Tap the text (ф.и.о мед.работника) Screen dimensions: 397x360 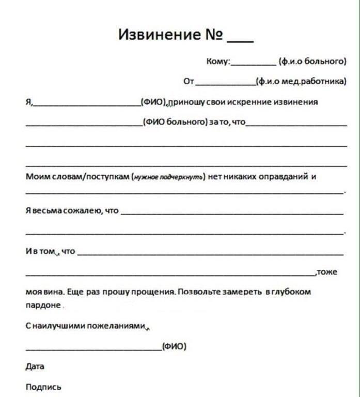(302, 81)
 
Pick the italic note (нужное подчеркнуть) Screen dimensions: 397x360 (169, 177)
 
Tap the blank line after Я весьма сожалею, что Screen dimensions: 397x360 (232, 213)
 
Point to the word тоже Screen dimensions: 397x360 (327, 272)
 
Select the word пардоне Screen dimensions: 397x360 (43, 305)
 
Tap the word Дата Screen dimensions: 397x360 (35, 367)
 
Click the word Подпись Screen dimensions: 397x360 (43, 387)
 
